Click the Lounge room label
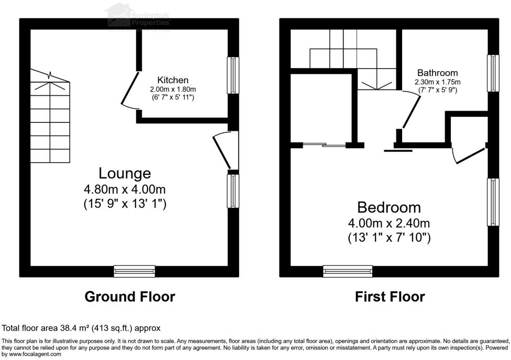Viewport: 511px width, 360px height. click(x=125, y=173)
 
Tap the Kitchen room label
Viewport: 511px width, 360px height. click(x=173, y=80)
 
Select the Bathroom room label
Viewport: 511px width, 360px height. click(x=437, y=73)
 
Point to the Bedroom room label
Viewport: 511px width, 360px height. click(x=389, y=207)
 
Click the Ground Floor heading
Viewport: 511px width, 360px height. click(x=130, y=297)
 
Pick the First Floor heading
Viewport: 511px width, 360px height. click(x=390, y=297)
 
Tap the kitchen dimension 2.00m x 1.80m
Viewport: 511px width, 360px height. click(x=173, y=89)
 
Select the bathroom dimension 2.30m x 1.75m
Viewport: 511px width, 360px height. click(x=437, y=82)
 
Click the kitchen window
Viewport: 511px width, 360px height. click(x=232, y=75)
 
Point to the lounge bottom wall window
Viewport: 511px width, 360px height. click(x=135, y=271)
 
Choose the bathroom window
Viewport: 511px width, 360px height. click(x=493, y=73)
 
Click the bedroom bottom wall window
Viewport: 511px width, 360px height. click(x=348, y=271)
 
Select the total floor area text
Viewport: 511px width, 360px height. click(x=81, y=328)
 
